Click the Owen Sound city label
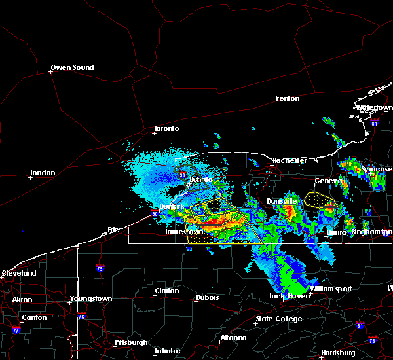coord(72,67)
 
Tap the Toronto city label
coord(166,128)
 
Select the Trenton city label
coord(286,99)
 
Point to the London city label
coord(42,173)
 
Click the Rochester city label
coord(289,160)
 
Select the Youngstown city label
coord(90,299)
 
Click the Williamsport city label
coord(331,289)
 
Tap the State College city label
coord(278,319)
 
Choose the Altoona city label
coord(233,338)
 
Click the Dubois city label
coord(207,298)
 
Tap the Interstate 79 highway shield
coord(100,268)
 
